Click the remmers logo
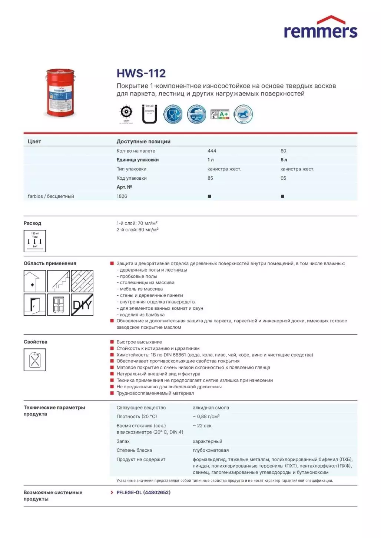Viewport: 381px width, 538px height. click(321, 28)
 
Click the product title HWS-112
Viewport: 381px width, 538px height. click(141, 73)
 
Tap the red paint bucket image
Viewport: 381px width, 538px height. click(60, 93)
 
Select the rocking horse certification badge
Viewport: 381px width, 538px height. click(243, 114)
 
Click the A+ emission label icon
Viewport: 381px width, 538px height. click(220, 114)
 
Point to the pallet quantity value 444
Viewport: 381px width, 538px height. click(212, 151)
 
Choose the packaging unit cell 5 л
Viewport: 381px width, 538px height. click(284, 160)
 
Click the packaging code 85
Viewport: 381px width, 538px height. click(210, 178)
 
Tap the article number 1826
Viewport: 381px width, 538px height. click(122, 196)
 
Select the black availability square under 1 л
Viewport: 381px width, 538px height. click(209, 196)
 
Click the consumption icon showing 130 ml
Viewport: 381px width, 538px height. click(35, 241)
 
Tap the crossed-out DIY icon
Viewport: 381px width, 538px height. click(82, 305)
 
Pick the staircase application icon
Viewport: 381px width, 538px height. click(59, 281)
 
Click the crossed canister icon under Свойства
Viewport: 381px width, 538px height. click(35, 360)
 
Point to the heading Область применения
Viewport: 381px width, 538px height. click(50, 263)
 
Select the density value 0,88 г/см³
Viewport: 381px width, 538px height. click(206, 416)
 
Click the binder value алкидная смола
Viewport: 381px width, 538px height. click(211, 408)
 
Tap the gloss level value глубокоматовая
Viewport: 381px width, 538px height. click(211, 450)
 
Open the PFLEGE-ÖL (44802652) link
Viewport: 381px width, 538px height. click(143, 492)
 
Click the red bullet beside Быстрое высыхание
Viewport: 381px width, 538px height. click(112, 342)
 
